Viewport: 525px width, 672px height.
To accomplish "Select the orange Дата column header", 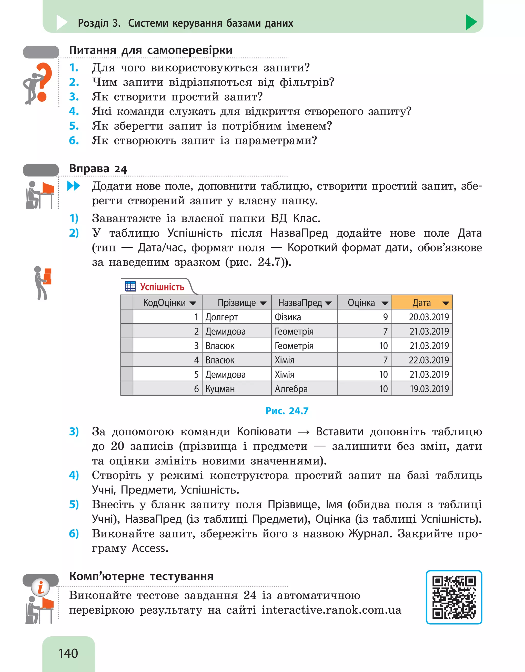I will pos(421,303).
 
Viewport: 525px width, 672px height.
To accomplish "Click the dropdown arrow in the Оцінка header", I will pos(385,303).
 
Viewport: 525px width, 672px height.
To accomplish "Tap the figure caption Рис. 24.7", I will pos(287,411).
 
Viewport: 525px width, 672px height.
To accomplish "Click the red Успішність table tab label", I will pos(162,287).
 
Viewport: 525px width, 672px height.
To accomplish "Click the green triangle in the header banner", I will pos(471,22).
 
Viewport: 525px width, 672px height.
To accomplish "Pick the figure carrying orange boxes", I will pos(43,282).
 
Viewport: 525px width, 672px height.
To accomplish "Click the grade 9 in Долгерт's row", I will pos(385,317).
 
